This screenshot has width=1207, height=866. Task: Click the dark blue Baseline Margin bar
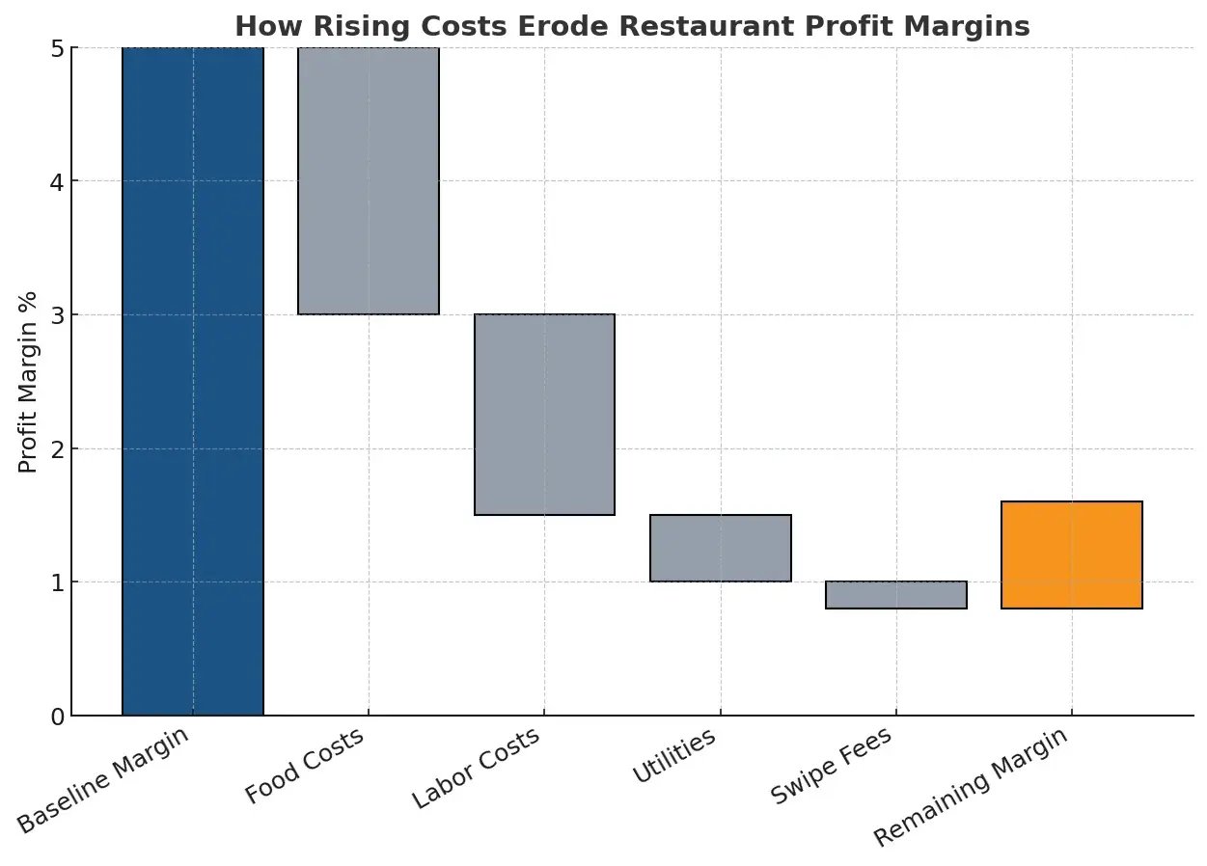pos(193,381)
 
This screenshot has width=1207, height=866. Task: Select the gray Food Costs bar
pos(369,180)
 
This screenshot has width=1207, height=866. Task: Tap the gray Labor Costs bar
pos(544,414)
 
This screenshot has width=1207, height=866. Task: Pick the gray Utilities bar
pos(721,548)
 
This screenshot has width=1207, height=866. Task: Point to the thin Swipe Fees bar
pos(896,594)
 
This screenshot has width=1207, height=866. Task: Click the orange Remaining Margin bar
pos(1072,555)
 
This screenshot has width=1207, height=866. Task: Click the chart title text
pos(633,26)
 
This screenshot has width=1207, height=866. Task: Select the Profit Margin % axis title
pos(28,382)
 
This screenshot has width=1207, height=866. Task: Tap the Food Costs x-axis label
pos(305,767)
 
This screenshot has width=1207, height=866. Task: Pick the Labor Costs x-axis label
pos(476,770)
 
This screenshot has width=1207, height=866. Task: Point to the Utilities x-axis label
pos(674,757)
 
